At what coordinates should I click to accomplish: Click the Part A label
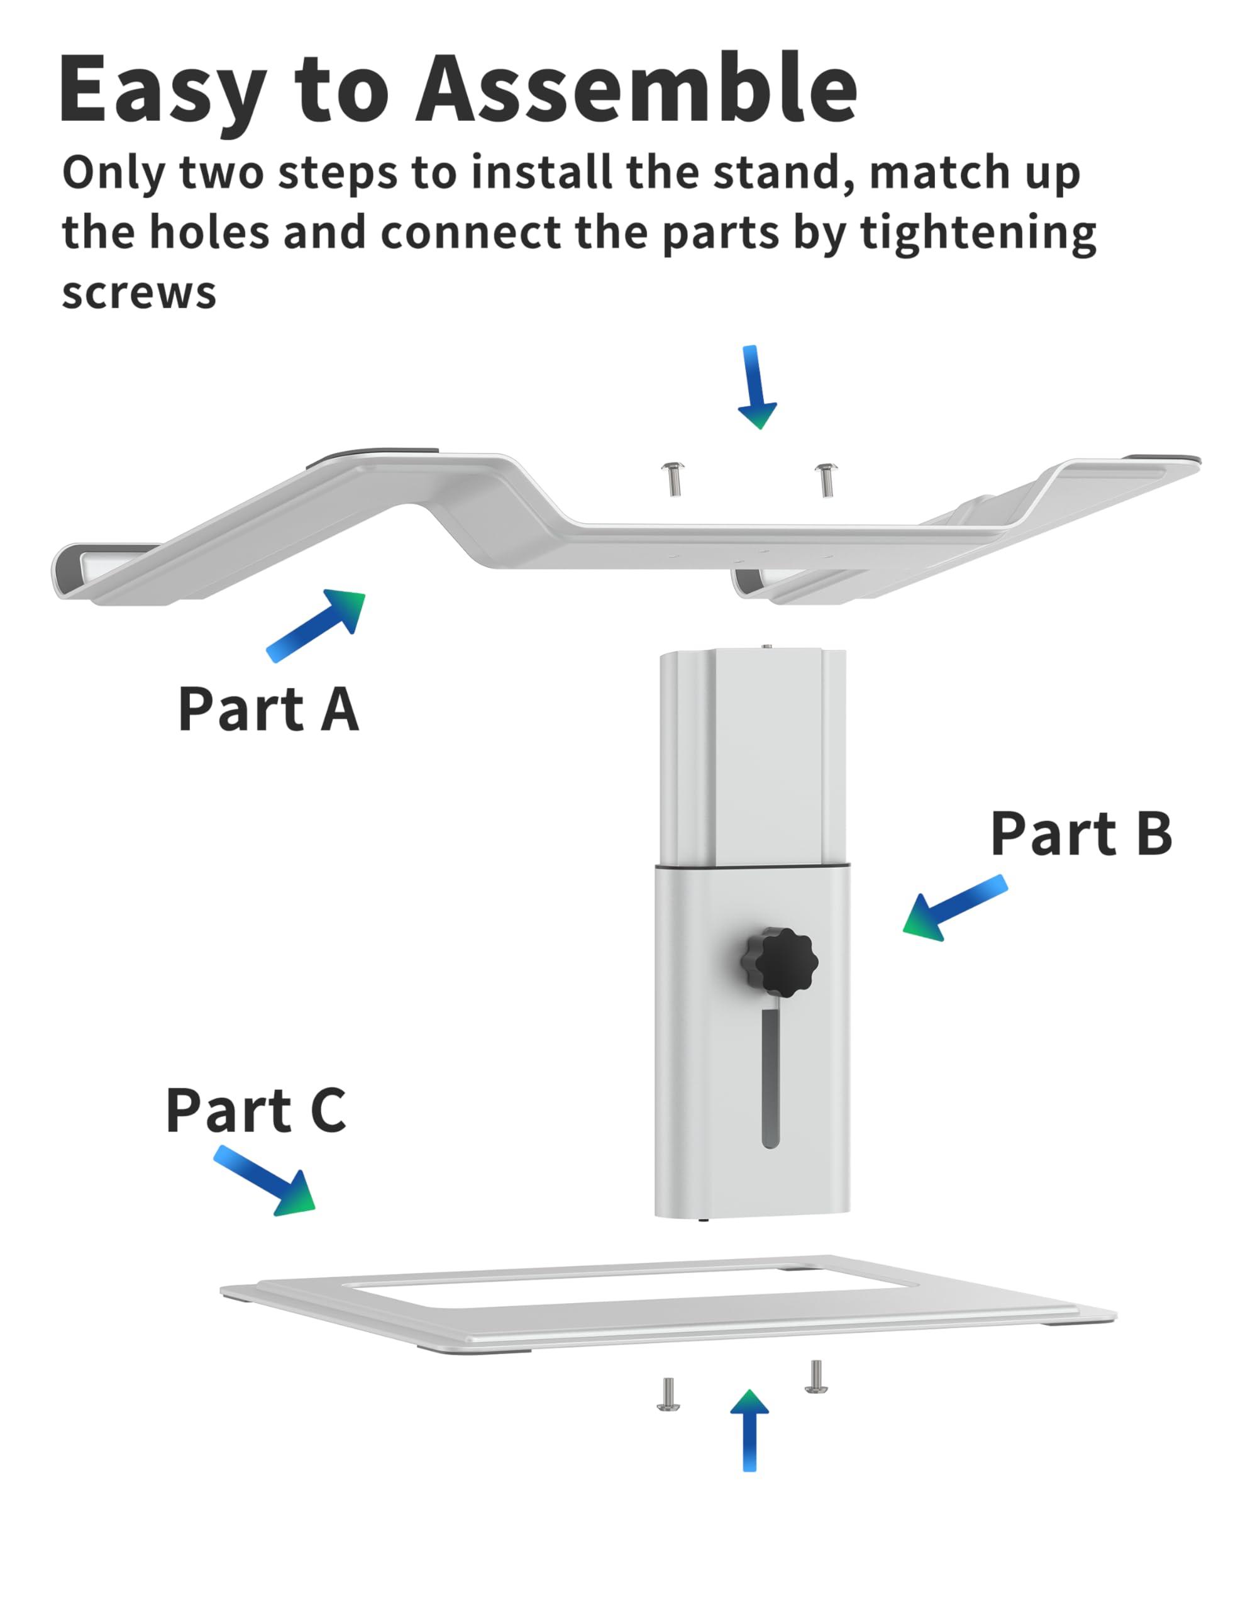pyautogui.click(x=268, y=709)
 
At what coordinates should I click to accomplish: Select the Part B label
pyautogui.click(x=1080, y=834)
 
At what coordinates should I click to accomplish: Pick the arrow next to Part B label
pyautogui.click(x=954, y=908)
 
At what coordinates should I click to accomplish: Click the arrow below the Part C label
pyautogui.click(x=267, y=1180)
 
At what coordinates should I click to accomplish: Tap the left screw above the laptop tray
pyautogui.click(x=673, y=479)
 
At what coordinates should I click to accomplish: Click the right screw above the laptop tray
pyautogui.click(x=826, y=479)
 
